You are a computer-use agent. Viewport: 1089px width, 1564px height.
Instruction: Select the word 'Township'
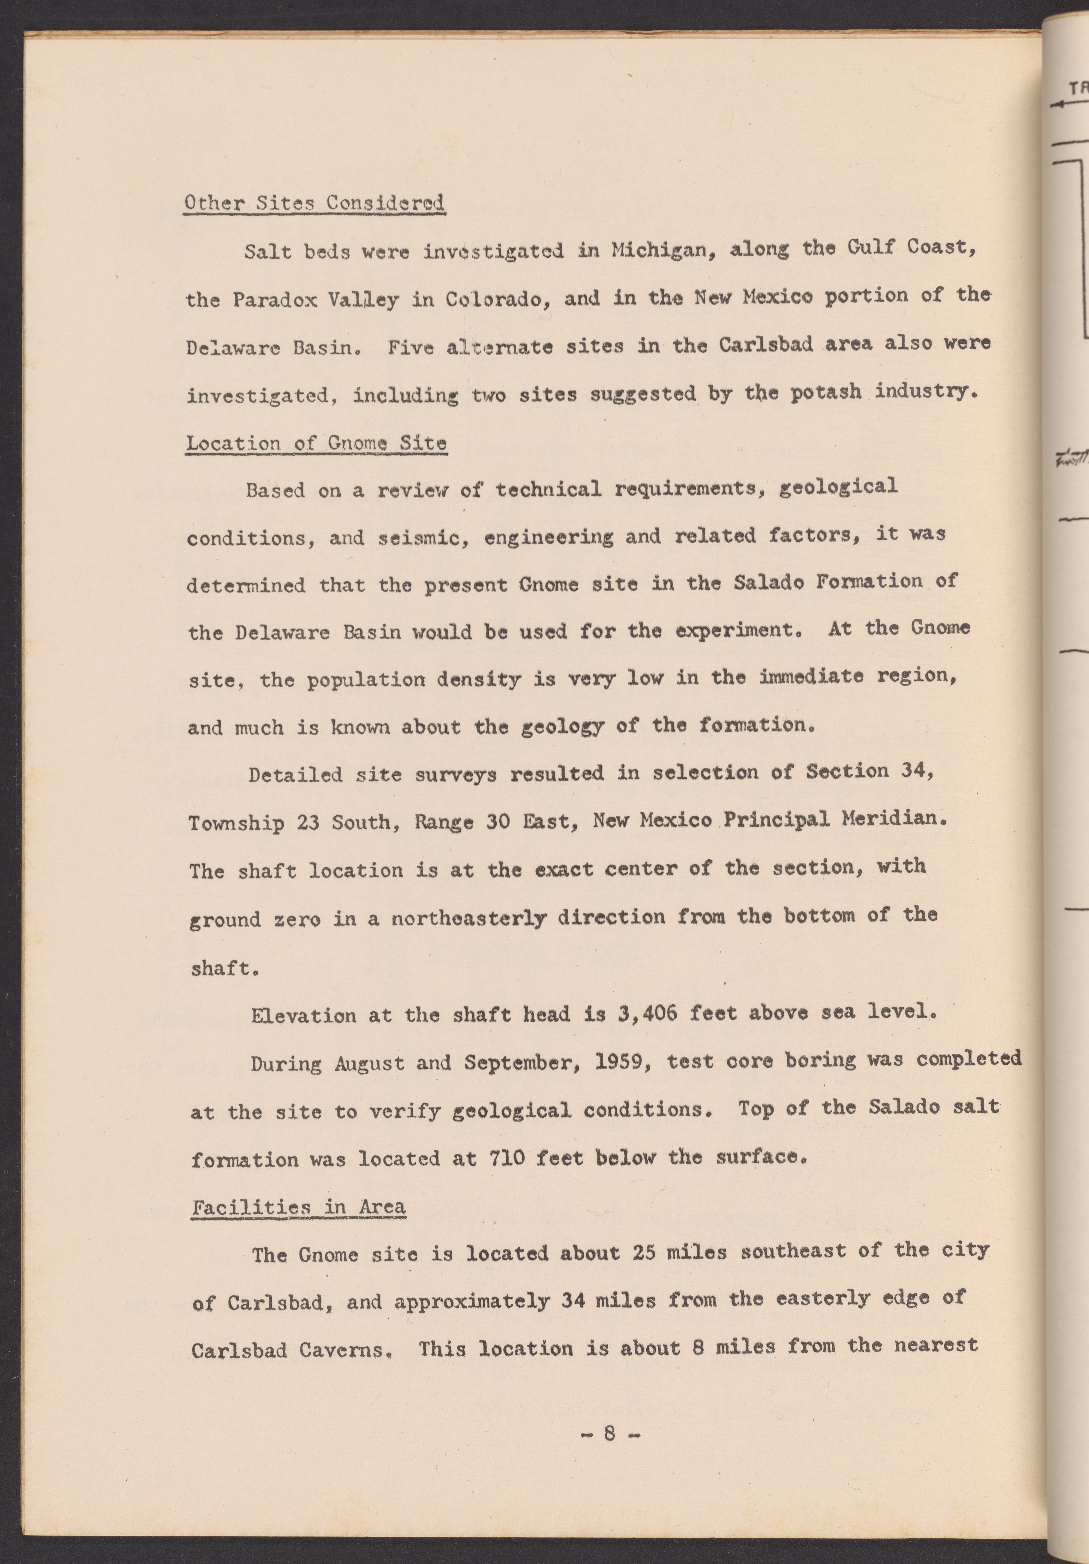(236, 824)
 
